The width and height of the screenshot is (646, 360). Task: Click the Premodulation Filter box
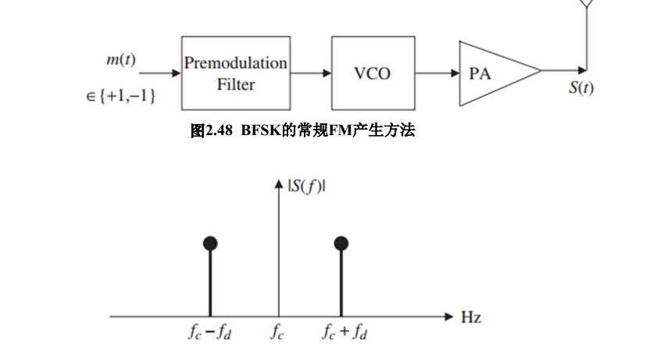coord(235,73)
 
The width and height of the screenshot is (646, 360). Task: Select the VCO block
coord(372,73)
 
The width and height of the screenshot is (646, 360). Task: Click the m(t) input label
coord(121,59)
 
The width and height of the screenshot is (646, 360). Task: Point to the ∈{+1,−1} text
coord(122,95)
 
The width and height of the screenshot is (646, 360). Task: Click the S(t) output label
coord(582,87)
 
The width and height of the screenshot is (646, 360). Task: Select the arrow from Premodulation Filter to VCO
coord(310,73)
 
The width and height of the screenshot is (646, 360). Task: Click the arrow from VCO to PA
coord(437,73)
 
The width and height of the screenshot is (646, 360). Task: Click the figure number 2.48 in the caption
coord(221,130)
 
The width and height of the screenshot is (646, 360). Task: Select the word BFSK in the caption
coord(261,130)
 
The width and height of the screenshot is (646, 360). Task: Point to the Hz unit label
coord(471,317)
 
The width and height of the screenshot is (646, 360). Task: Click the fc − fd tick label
coord(210,334)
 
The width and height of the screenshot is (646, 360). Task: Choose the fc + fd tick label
coord(344,334)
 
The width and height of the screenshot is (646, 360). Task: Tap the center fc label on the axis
coord(278,334)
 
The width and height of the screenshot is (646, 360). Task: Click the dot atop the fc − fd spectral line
coord(210,243)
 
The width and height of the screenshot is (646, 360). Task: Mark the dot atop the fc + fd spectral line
coord(341,243)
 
